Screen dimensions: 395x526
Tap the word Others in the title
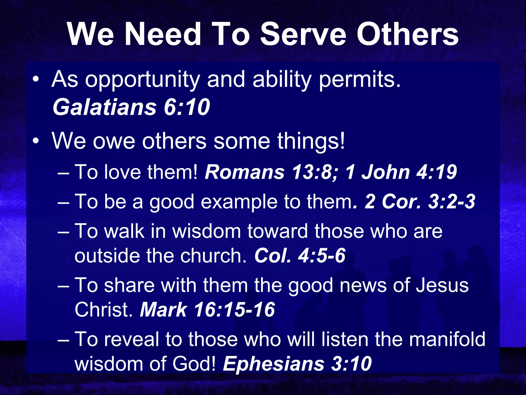(407, 34)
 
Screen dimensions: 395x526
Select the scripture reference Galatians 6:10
(131, 107)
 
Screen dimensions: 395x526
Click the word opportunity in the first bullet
(142, 80)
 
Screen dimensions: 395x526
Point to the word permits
(360, 80)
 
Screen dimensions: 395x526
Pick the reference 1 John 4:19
(401, 172)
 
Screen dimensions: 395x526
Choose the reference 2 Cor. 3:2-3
(420, 201)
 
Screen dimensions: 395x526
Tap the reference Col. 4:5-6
(300, 256)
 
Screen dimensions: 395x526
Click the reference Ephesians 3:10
(297, 364)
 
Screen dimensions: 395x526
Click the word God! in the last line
(194, 364)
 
